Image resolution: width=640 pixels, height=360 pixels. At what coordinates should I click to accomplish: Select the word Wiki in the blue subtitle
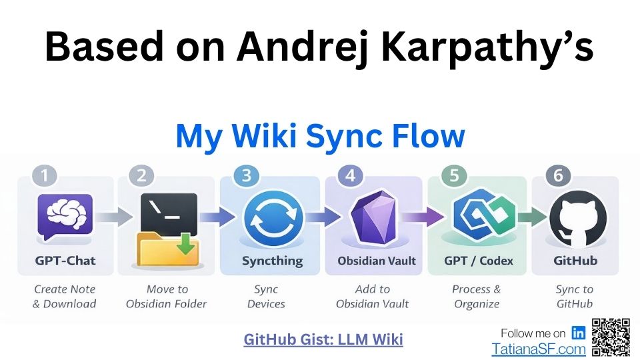point(265,135)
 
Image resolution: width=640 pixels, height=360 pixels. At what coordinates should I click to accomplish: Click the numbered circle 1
point(45,175)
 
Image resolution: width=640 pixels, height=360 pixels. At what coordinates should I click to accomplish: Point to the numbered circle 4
point(350,175)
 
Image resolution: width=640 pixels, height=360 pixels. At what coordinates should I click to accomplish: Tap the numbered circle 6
point(558,175)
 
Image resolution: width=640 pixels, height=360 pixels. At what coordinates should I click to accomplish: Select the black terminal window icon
point(169,214)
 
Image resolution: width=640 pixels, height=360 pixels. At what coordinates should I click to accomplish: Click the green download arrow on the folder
point(186,243)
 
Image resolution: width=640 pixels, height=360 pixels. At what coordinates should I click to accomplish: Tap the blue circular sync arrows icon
point(273,219)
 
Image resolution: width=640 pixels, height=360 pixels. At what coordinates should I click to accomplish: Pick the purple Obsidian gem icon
point(374,217)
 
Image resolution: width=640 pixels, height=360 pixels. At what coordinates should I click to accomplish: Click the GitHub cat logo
point(577,219)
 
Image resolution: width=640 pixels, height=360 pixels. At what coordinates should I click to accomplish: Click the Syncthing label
point(272,261)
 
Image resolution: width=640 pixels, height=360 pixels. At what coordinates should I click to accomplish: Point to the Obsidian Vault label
point(376,261)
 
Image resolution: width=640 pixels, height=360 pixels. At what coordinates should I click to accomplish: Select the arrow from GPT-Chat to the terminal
point(115,217)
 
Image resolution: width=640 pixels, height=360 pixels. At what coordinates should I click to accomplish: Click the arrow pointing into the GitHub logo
point(533,217)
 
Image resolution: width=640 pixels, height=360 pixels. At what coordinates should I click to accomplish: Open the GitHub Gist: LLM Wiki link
point(323,339)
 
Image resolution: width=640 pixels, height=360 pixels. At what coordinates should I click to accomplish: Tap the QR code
point(611,337)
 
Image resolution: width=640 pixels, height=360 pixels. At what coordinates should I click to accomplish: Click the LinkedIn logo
point(578,333)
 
